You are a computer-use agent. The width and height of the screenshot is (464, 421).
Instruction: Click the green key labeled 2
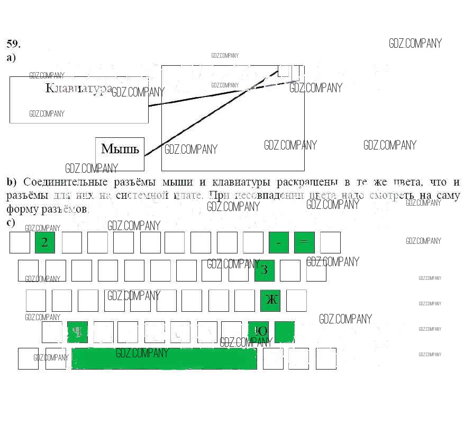[45, 242]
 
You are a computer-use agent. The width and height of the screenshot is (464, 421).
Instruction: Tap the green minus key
[279, 242]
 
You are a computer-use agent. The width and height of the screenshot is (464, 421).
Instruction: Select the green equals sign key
[304, 242]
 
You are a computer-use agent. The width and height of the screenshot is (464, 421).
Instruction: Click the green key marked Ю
[259, 331]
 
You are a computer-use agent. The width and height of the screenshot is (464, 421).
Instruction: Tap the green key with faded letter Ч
[77, 332]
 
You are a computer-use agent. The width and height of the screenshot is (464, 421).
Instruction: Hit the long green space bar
[165, 358]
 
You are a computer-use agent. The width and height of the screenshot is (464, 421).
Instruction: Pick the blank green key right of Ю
[284, 331]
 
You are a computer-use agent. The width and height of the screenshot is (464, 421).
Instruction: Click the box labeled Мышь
[120, 149]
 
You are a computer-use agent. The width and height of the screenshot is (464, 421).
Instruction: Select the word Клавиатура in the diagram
[78, 88]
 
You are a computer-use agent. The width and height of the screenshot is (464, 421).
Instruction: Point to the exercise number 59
[13, 44]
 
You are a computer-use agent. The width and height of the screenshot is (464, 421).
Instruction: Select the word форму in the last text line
[20, 209]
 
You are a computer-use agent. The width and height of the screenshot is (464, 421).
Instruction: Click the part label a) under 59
[11, 58]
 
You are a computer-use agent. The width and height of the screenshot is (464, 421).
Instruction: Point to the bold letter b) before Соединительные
[12, 182]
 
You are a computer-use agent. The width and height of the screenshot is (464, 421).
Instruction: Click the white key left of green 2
[20, 242]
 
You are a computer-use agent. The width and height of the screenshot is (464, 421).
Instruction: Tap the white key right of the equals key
[330, 242]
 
